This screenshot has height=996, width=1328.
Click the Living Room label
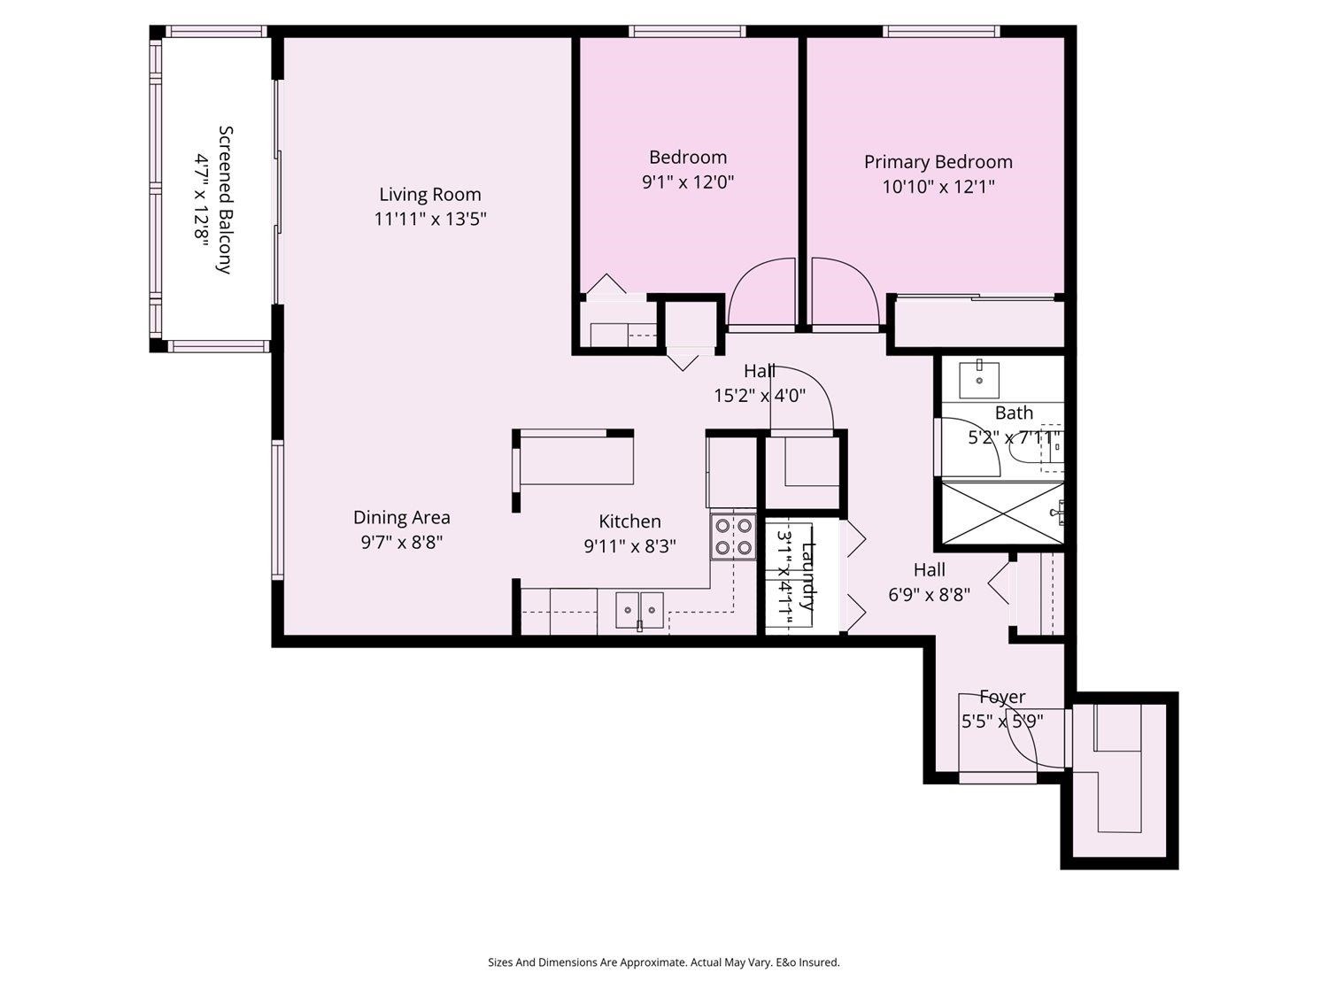tap(429, 195)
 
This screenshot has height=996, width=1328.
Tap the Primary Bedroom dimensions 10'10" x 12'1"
tap(938, 187)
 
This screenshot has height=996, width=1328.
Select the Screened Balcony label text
tap(225, 199)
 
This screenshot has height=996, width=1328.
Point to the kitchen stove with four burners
tap(733, 537)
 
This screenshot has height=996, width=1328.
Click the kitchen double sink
tap(639, 611)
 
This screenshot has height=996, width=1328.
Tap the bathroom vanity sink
tap(979, 379)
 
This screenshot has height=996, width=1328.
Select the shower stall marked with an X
tap(1002, 513)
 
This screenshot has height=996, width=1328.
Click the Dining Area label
tap(401, 518)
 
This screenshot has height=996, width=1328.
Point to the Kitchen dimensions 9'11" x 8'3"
tap(629, 546)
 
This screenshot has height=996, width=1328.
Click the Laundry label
tap(807, 575)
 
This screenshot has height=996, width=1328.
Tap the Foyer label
tap(1002, 698)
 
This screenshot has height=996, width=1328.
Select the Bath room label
tap(1014, 413)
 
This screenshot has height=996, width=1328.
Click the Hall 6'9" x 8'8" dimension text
tap(929, 595)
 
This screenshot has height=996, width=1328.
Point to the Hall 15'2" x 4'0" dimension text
tap(760, 396)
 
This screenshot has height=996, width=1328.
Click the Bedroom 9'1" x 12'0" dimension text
tap(688, 182)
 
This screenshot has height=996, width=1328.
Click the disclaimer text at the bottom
tap(664, 962)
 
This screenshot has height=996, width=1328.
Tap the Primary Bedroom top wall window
tap(941, 32)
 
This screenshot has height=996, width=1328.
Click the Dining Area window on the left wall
tap(278, 510)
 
